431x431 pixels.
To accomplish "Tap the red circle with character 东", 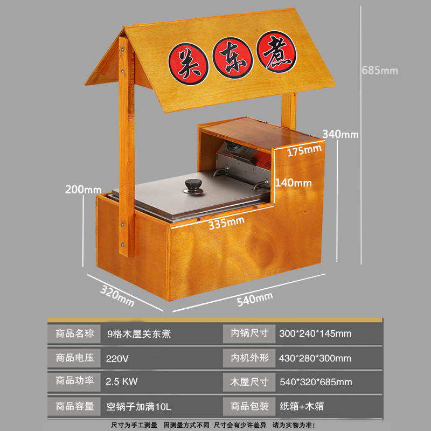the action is pyautogui.click(x=233, y=58).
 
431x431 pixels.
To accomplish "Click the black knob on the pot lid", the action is pyautogui.click(x=192, y=186).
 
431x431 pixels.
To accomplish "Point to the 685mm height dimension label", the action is pyautogui.click(x=380, y=70).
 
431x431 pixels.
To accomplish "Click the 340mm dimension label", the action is pyautogui.click(x=340, y=134).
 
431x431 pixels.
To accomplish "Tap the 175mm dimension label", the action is pyautogui.click(x=304, y=151).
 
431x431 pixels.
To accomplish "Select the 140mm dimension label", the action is pyautogui.click(x=293, y=183).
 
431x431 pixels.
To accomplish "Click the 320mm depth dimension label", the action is pyautogui.click(x=117, y=295).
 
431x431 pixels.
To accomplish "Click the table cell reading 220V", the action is pyautogui.click(x=117, y=358).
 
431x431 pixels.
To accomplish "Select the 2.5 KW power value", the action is pyautogui.click(x=122, y=381).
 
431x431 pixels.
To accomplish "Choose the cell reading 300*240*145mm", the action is pyautogui.click(x=315, y=333).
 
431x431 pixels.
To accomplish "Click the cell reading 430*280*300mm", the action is pyautogui.click(x=315, y=358).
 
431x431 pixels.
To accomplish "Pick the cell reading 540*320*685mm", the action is pyautogui.click(x=316, y=382).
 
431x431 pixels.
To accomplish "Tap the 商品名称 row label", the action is pyautogui.click(x=75, y=333).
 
